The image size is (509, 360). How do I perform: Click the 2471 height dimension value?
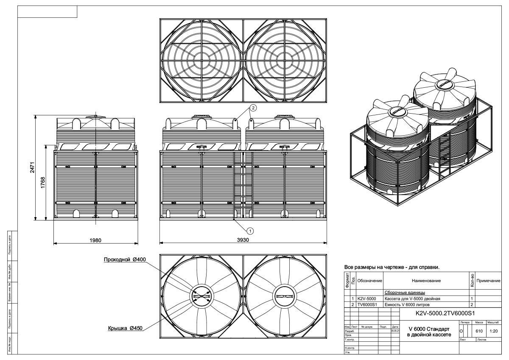pyautogui.click(x=37, y=167)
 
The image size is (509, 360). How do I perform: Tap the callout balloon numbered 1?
pyautogui.click(x=250, y=231)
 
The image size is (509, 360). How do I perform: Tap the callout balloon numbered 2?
pyautogui.click(x=253, y=108)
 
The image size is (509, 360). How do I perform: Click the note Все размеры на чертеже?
pyautogui.click(x=392, y=268)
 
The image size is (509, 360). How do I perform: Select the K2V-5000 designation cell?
pyautogui.click(x=367, y=299)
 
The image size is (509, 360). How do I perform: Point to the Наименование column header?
pyautogui.click(x=426, y=281)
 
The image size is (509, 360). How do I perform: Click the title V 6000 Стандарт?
pyautogui.click(x=428, y=328)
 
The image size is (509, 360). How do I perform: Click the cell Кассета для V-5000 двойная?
pyautogui.click(x=412, y=299)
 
